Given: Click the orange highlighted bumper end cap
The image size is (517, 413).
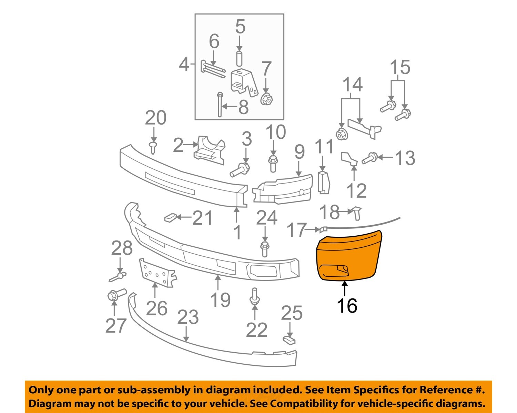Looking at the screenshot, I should pos(348,255).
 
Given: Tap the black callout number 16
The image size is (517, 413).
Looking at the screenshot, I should pos(347,305).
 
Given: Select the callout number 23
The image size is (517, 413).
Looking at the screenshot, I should pos(188,317).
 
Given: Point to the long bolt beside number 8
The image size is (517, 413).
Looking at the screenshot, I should pos(220,105).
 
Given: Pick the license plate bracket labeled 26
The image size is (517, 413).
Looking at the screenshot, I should pos(157,273).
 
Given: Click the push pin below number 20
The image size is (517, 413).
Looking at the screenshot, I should pos(153,146).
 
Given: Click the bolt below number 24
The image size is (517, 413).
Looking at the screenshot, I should pos(265,249).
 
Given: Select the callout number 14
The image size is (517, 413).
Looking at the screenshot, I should pos(352,85).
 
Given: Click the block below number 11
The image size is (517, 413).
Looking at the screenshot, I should pos(323,182).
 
